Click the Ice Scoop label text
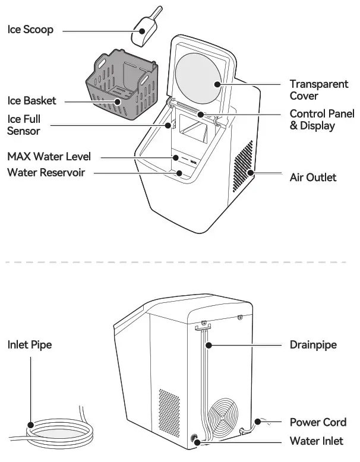coord(30,30)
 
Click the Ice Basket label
coord(31,101)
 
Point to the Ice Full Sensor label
coord(24,125)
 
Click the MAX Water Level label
coord(49,157)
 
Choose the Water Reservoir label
coord(46,173)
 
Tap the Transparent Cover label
coord(318,90)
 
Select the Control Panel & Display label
coord(321,119)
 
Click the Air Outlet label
coord(312,177)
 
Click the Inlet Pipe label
coord(30,344)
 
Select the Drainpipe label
coord(312,344)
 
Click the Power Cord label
coord(318,422)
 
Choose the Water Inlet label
coord(316,441)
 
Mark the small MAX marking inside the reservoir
coord(193,160)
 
